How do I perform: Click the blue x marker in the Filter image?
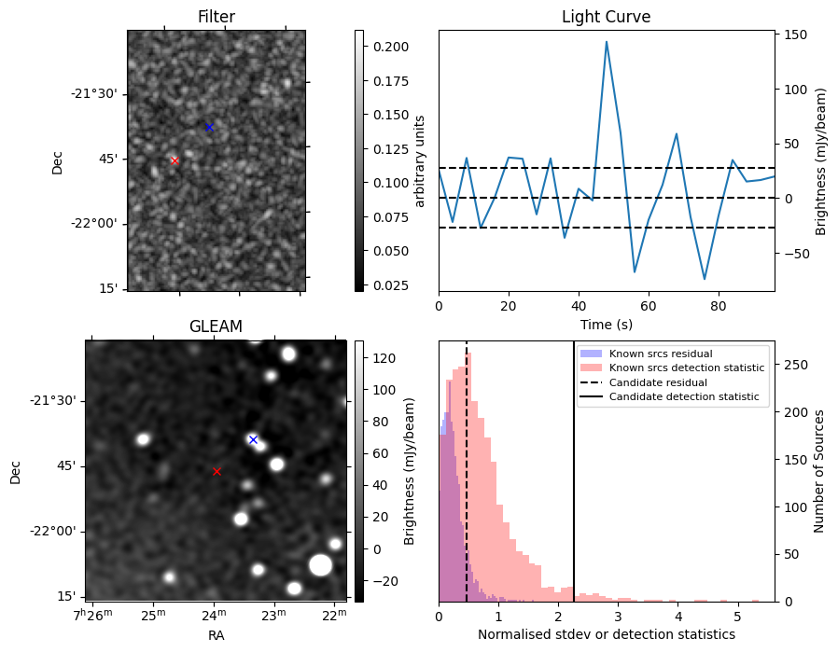(x=209, y=127)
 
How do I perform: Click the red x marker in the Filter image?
(x=175, y=160)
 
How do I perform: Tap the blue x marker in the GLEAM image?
(x=253, y=439)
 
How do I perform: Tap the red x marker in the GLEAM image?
(x=216, y=472)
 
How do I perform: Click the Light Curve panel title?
(x=606, y=17)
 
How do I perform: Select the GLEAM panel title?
(x=216, y=326)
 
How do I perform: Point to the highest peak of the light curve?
(x=607, y=42)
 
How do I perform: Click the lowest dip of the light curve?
(x=705, y=279)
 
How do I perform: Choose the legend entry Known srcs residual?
(x=660, y=354)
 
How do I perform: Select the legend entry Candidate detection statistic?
(x=683, y=397)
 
